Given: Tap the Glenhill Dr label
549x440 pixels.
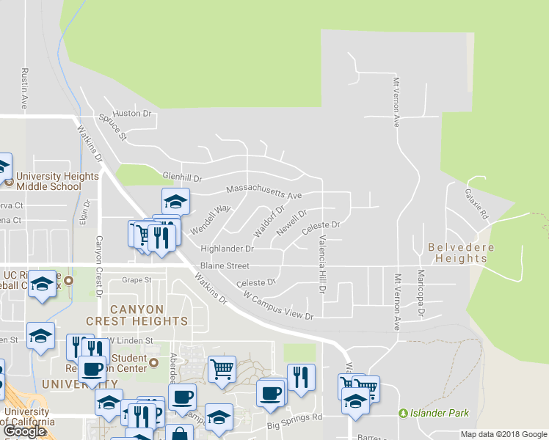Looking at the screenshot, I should click(x=181, y=178).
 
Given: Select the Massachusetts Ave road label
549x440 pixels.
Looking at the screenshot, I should click(x=264, y=191).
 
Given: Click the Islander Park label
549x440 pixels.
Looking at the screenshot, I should click(x=440, y=414).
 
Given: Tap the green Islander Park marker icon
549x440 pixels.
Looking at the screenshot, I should click(x=402, y=414).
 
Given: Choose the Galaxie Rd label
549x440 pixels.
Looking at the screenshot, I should click(x=476, y=205).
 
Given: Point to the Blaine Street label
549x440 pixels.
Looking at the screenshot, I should click(x=225, y=265).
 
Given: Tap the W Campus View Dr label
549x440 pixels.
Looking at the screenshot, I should click(x=278, y=307).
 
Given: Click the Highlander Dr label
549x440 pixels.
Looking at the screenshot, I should click(x=227, y=249).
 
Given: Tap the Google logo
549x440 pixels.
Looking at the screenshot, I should click(x=25, y=430).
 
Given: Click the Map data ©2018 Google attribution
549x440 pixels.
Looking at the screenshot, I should click(x=503, y=434).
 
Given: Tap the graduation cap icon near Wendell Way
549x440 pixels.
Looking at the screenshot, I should click(x=175, y=200).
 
